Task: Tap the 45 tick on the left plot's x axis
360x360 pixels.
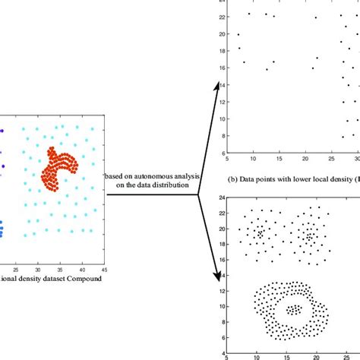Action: coord(104,269)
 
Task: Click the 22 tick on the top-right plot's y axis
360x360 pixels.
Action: coord(220,17)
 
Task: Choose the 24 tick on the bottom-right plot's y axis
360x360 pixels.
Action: coord(220,197)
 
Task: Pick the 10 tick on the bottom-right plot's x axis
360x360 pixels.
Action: coord(258,355)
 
